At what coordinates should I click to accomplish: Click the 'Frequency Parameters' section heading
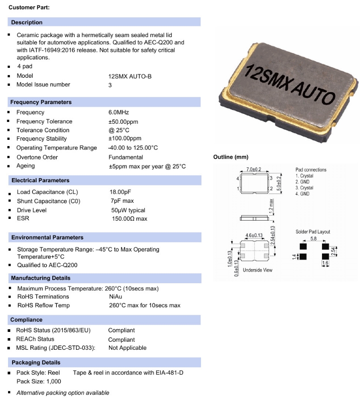click(41, 102)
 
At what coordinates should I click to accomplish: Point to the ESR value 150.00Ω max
click(130, 219)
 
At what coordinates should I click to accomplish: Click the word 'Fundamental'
click(126, 157)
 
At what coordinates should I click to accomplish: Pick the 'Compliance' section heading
click(27, 320)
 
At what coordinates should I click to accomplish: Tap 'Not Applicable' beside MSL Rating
click(127, 348)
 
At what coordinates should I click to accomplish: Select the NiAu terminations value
click(116, 297)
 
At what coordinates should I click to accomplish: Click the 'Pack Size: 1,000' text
click(39, 381)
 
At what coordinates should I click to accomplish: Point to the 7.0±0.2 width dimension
click(254, 170)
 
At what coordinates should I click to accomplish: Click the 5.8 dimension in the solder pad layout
click(313, 239)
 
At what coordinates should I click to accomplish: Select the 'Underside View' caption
click(257, 270)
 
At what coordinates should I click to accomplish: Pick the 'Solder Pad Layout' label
click(313, 232)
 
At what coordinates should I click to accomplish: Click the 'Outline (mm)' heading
click(230, 157)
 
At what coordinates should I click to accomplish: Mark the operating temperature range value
click(133, 148)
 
